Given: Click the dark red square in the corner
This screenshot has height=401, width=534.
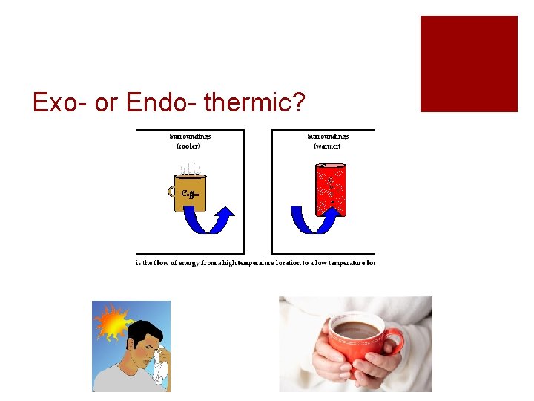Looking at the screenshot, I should pos(469,64).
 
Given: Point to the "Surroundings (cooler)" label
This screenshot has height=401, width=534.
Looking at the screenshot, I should pos(190,141).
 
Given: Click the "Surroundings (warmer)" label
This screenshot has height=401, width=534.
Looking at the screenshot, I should pos(328,141).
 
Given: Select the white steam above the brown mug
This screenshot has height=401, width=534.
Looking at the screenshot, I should pos(188,167).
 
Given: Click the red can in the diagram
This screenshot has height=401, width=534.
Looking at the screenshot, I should pos(331,189).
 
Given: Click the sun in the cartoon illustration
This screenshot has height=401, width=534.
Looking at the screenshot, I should pos(113,321).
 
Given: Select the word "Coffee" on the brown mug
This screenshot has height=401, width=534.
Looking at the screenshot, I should pos(190,194).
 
